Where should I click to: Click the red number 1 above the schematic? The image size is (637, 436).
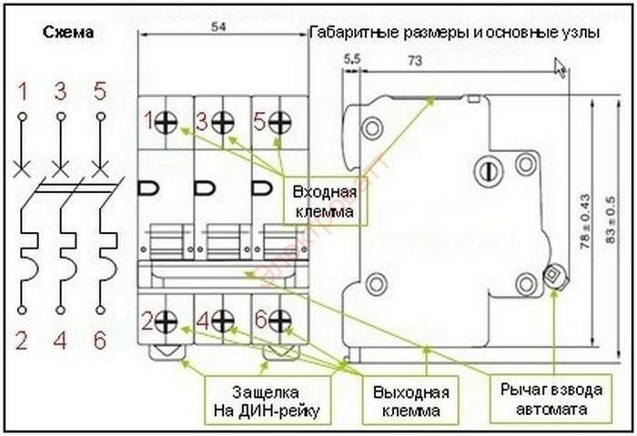tap(22, 91)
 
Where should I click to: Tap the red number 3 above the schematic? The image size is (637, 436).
tap(61, 91)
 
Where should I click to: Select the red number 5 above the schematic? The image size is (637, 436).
tap(99, 91)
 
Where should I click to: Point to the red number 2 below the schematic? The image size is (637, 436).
tap(22, 341)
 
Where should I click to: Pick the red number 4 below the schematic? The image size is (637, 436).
tap(61, 341)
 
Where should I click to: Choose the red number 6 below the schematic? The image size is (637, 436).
tap(100, 341)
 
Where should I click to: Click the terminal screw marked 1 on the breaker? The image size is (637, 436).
tap(167, 122)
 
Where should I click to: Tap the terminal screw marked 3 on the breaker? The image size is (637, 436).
tap(223, 122)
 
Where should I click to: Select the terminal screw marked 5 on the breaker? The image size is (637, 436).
tap(279, 122)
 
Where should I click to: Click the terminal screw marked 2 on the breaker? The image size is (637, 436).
tap(167, 320)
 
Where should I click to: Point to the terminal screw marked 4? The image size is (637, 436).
tap(223, 320)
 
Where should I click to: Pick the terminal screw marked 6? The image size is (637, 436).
tap(279, 320)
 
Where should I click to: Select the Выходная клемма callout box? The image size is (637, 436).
tap(411, 401)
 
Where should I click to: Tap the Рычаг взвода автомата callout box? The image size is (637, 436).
tap(551, 400)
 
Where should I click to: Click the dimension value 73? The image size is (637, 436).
tap(414, 61)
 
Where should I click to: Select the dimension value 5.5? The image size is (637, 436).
tap(352, 60)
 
